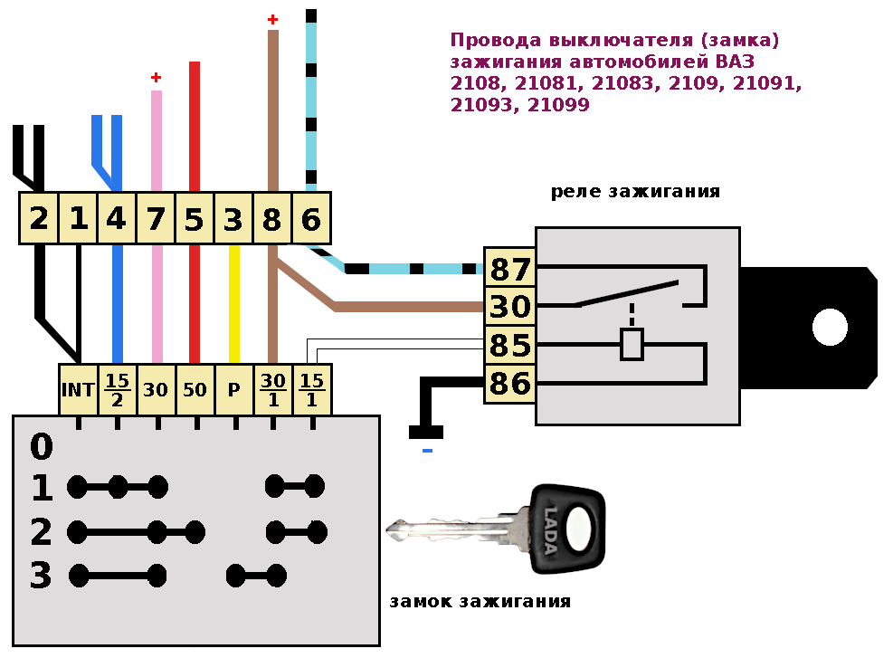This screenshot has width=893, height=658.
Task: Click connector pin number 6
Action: tap(311, 219)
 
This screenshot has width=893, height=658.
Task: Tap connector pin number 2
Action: tap(38, 219)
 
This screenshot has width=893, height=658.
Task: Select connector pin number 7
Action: tap(156, 219)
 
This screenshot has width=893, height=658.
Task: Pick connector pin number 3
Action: tap(233, 219)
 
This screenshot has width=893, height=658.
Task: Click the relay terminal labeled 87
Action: tap(509, 270)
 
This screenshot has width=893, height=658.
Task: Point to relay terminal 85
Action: tap(509, 346)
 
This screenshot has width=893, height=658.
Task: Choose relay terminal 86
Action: tap(509, 384)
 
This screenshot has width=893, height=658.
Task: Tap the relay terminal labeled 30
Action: tap(509, 308)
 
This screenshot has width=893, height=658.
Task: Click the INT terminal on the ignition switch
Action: tap(78, 390)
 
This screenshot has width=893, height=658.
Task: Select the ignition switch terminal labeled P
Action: tap(233, 390)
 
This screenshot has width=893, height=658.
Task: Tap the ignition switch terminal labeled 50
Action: tap(195, 390)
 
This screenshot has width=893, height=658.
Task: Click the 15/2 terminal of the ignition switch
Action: tap(117, 390)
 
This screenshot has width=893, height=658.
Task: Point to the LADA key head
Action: tap(567, 529)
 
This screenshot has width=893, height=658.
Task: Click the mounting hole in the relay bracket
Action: tap(829, 327)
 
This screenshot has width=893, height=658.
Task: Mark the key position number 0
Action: tap(41, 447)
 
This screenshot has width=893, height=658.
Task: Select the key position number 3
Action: tap(41, 576)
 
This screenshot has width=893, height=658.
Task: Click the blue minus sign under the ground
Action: tap(427, 450)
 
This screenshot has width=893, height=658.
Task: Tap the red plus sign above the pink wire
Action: tap(156, 78)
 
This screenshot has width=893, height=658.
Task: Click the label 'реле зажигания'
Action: tap(635, 192)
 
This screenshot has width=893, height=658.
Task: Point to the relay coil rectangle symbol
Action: tap(631, 345)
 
